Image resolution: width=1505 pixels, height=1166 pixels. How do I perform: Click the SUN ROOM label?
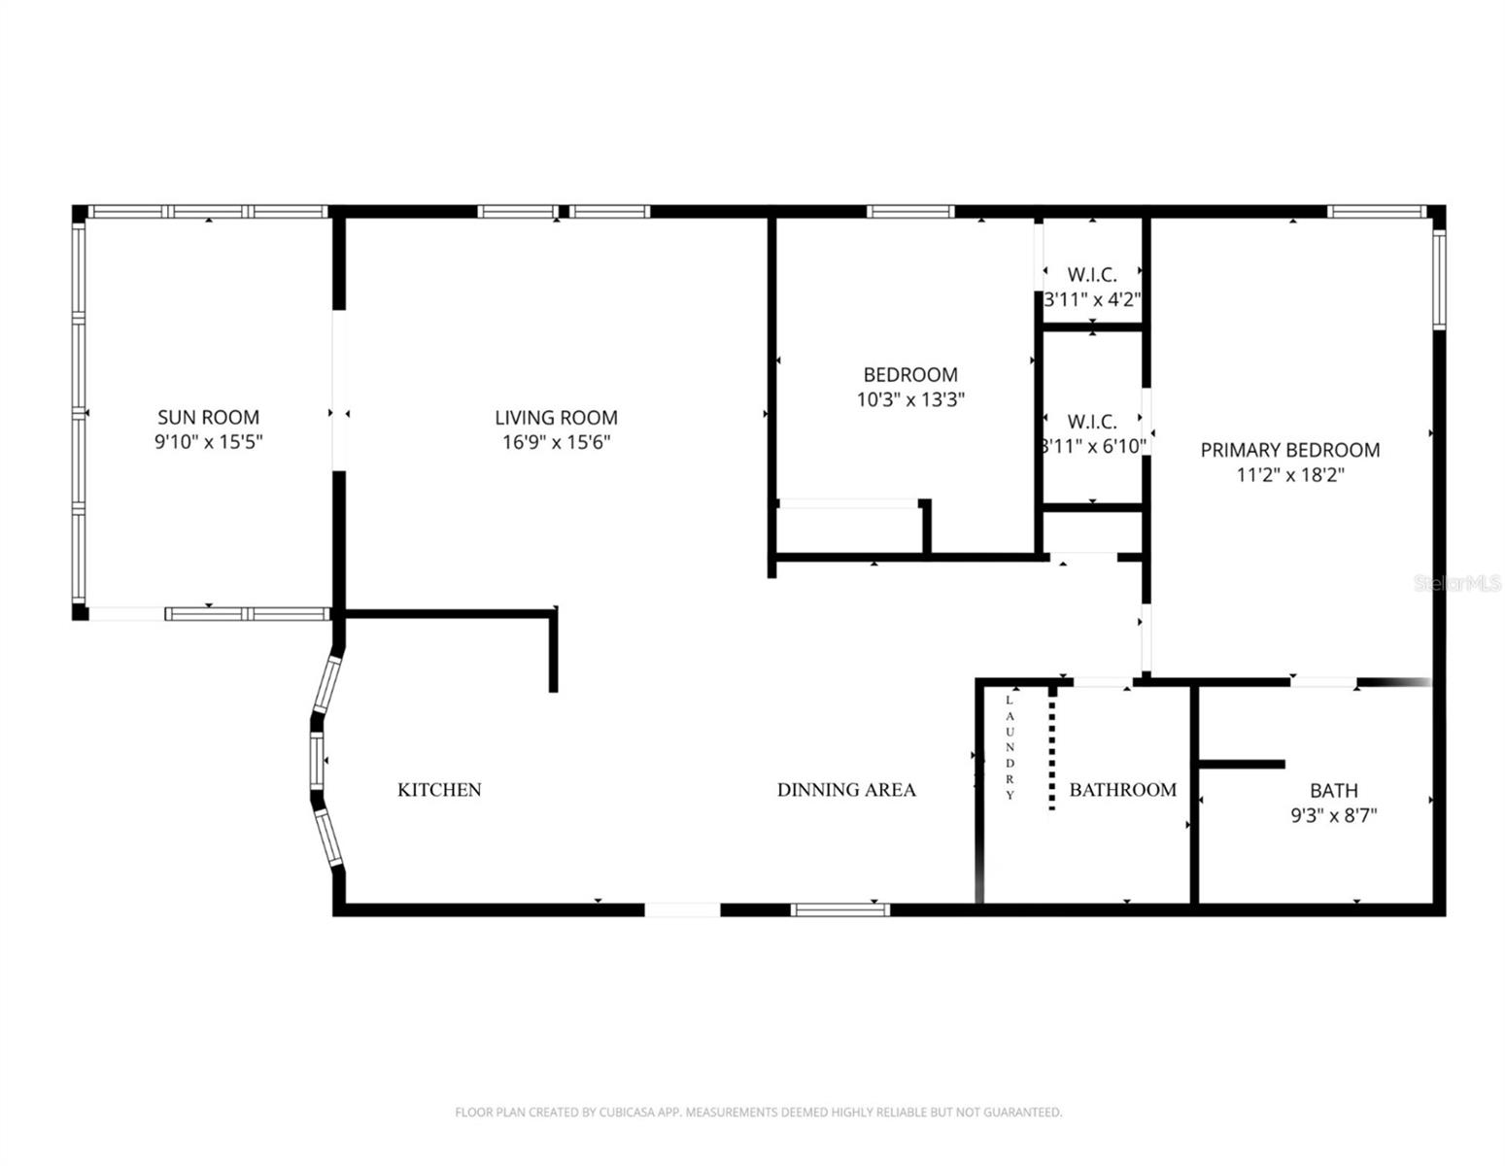click(208, 417)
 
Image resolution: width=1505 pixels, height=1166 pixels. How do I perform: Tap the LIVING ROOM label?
click(556, 417)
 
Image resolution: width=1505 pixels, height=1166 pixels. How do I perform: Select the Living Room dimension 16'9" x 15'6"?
click(556, 443)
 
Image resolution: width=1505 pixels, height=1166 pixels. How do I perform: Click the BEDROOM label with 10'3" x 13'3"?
click(910, 374)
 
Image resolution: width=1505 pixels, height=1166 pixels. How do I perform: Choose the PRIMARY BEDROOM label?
click(1289, 450)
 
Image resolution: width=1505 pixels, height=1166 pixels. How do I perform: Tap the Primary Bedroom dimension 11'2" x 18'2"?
click(1289, 475)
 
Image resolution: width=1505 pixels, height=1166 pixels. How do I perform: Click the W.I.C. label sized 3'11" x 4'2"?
click(1092, 275)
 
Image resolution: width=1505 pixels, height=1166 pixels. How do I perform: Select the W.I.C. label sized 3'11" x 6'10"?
click(1092, 422)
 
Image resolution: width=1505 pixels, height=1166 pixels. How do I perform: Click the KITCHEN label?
click(439, 790)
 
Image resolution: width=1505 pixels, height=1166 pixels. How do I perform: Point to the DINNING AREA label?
click(845, 790)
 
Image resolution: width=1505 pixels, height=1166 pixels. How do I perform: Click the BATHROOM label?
click(1122, 790)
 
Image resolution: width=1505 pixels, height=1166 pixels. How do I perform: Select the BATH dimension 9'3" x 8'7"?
click(1333, 816)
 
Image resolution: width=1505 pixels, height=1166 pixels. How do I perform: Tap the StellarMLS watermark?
click(1456, 583)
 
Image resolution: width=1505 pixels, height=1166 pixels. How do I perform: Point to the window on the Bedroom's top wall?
click(910, 211)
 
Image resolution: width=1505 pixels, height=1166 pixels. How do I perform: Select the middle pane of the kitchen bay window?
click(317, 760)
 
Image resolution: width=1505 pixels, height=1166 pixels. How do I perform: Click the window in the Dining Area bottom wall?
click(840, 909)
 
